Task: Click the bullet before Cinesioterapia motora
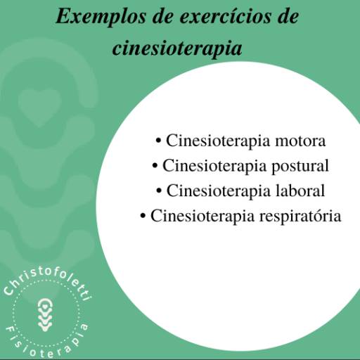tap(160, 141)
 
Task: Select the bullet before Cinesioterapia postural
tap(155, 167)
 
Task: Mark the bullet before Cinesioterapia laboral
tap(160, 191)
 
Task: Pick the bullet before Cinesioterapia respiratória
tap(144, 217)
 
